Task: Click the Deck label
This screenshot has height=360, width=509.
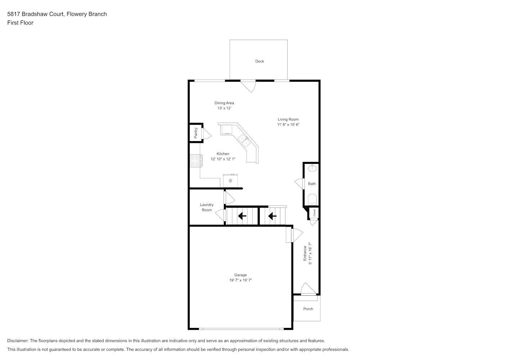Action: (x=260, y=61)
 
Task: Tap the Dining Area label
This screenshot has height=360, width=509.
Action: (x=224, y=103)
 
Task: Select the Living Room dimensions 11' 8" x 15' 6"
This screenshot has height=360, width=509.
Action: (x=288, y=125)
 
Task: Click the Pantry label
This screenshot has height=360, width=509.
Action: (x=196, y=133)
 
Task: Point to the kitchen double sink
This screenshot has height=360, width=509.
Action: (x=244, y=141)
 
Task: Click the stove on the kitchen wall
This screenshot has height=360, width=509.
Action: (x=196, y=161)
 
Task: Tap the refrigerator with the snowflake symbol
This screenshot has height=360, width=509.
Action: (x=230, y=181)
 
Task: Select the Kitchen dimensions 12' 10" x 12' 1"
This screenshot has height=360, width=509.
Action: (x=223, y=159)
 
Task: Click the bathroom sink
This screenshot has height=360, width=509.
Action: (x=312, y=168)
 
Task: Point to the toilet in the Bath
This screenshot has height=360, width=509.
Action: (x=312, y=199)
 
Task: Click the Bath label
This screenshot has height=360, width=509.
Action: (x=312, y=184)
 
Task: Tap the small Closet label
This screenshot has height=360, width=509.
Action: (x=315, y=213)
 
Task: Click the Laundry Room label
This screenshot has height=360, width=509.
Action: (x=207, y=207)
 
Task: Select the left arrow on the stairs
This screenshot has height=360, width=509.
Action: (x=242, y=216)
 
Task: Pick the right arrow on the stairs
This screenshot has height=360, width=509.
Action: (x=272, y=216)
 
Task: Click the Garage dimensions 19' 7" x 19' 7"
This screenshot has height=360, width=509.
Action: (x=240, y=280)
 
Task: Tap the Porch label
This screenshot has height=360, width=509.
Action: (x=308, y=309)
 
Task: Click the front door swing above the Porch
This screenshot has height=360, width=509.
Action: (x=308, y=289)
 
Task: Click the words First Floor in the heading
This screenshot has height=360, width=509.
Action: (x=20, y=23)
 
